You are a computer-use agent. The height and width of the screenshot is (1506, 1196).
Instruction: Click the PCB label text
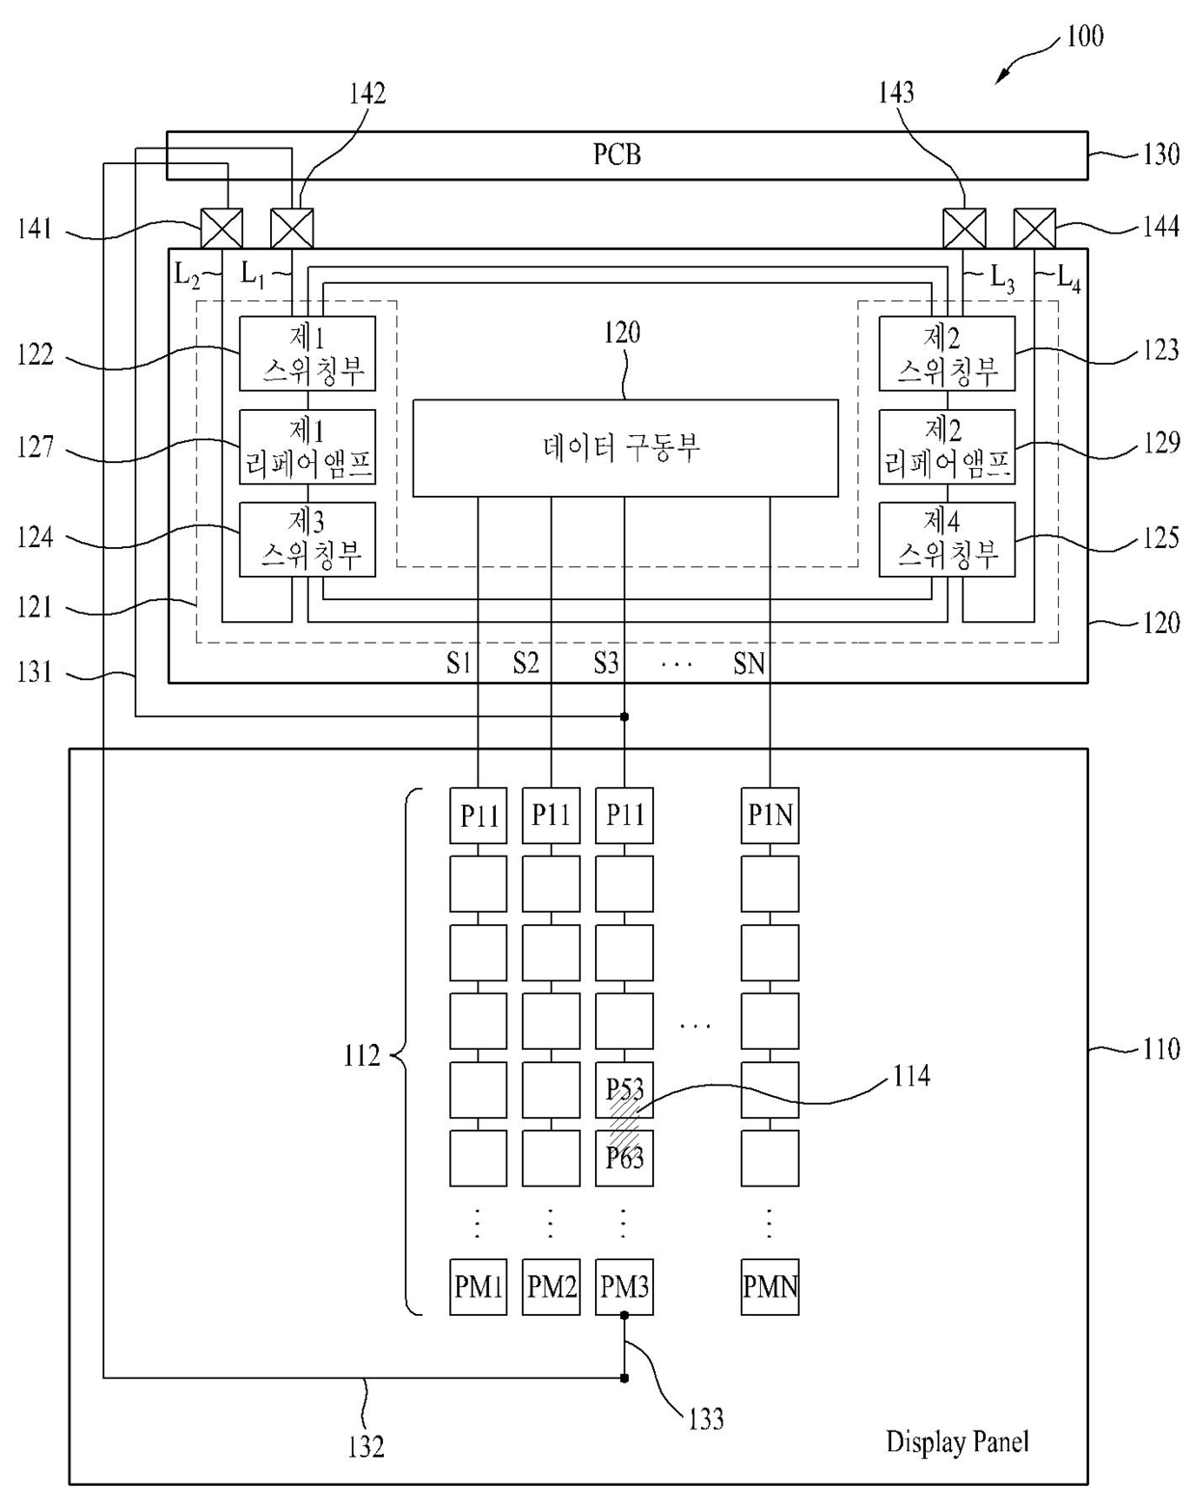[616, 154]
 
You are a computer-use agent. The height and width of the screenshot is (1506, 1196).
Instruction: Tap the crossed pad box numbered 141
[221, 229]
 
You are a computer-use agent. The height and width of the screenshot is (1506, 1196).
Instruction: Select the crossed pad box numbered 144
[1034, 229]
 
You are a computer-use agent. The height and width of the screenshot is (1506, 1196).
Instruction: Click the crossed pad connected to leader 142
[291, 229]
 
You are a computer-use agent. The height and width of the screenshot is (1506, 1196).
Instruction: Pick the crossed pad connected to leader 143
[964, 229]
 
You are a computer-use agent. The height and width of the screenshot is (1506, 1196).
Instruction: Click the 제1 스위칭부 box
[307, 354]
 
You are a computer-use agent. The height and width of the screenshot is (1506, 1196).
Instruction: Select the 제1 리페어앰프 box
[307, 447]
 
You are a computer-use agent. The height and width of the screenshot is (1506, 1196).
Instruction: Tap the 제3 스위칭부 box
[307, 539]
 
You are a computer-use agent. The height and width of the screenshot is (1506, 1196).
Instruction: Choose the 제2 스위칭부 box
[946, 354]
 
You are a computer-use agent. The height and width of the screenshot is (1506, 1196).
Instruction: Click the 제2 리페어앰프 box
[946, 447]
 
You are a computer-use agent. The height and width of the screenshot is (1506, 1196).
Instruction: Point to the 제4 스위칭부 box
[946, 539]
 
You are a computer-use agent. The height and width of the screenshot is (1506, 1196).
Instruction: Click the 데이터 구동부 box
[625, 449]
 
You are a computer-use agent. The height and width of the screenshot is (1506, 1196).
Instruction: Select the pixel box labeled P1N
[770, 816]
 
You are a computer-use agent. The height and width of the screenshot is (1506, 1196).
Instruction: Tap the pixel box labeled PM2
[551, 1286]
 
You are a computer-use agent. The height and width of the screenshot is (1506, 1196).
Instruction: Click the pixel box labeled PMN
[770, 1286]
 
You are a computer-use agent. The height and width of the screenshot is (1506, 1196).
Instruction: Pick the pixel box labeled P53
[624, 1089]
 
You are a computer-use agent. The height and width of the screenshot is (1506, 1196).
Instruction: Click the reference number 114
[911, 1075]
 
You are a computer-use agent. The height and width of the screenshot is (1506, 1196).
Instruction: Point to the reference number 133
[705, 1419]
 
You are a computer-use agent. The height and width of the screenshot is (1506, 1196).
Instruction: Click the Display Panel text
[957, 1442]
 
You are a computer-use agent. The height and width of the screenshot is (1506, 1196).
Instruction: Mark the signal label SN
[748, 664]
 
